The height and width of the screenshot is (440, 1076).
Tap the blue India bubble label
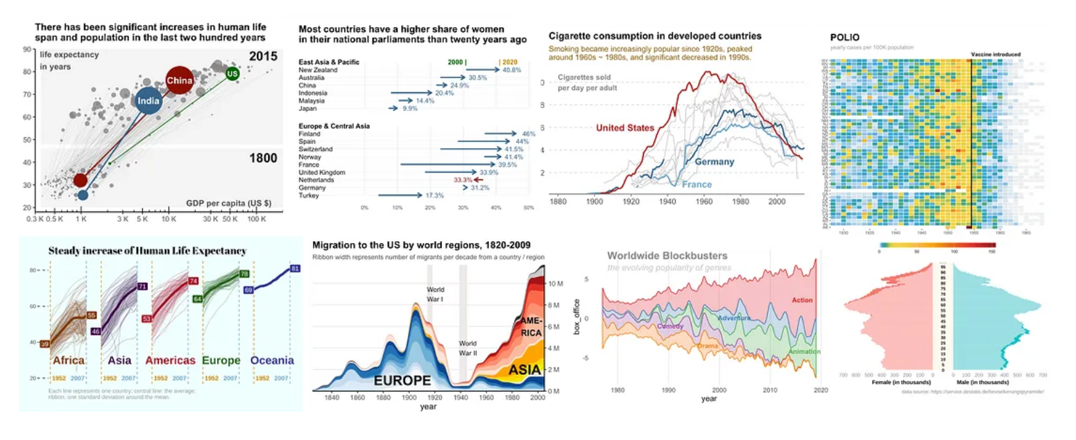(148, 102)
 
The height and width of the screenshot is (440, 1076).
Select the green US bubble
(233, 73)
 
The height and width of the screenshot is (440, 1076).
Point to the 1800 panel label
(263, 158)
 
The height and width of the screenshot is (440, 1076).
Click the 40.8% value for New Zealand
(511, 70)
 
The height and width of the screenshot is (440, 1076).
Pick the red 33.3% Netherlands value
(463, 179)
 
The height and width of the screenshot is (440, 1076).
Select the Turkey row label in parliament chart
(308, 195)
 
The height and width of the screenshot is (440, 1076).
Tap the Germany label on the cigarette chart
(714, 161)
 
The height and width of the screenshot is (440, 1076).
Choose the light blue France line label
(698, 185)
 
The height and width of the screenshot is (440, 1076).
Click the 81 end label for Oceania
(295, 268)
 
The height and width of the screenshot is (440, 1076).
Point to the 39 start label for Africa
(44, 344)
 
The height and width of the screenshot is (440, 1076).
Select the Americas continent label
(171, 360)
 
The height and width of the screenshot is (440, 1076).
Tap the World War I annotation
(435, 294)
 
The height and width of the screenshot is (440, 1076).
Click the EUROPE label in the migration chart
(402, 380)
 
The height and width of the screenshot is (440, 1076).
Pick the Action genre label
(802, 300)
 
